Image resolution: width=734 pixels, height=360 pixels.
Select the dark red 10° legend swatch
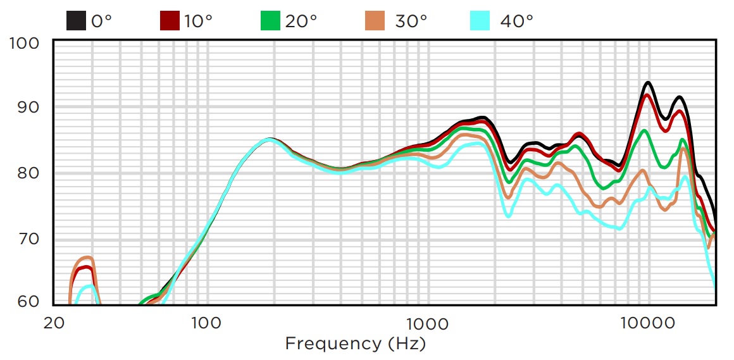(x=170, y=21)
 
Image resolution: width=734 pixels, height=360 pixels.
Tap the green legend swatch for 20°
(x=271, y=21)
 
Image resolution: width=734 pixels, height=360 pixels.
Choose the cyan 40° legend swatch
(x=481, y=21)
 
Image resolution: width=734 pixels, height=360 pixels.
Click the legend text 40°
(x=516, y=21)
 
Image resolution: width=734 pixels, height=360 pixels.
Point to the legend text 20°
(x=301, y=21)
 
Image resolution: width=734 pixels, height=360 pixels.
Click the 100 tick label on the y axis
(x=26, y=43)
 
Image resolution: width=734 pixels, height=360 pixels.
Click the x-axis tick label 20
(x=54, y=323)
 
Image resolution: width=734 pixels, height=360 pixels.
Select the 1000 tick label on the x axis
(x=428, y=323)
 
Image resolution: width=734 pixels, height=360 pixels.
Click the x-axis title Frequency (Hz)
(x=355, y=344)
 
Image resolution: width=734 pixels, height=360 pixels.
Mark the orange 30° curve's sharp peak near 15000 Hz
(x=684, y=148)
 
